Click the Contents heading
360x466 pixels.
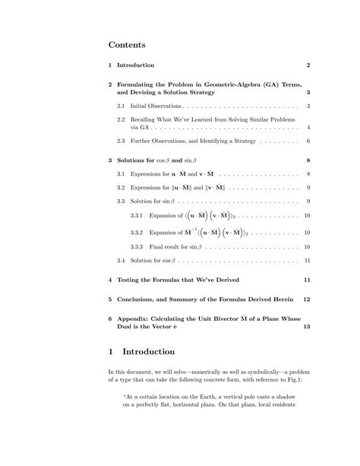click(x=127, y=46)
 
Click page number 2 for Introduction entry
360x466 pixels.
click(x=308, y=65)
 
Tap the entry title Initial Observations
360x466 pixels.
click(x=156, y=106)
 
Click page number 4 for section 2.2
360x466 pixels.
click(x=308, y=128)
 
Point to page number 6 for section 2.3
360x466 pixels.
click(x=308, y=141)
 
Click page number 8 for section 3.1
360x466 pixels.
click(x=308, y=174)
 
